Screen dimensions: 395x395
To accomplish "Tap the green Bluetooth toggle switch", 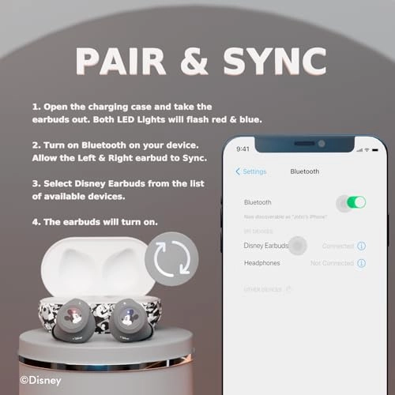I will [x=356, y=202].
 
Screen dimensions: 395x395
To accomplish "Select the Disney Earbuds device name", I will [x=265, y=246].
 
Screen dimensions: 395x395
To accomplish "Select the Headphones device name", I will [x=262, y=262].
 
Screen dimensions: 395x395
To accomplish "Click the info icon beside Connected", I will [x=362, y=246].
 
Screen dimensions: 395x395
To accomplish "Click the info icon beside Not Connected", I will [x=362, y=262].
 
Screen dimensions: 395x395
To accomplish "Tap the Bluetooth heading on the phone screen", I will [x=305, y=171].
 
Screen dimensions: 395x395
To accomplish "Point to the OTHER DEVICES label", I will [x=263, y=289].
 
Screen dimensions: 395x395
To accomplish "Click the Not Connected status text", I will [x=332, y=262].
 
